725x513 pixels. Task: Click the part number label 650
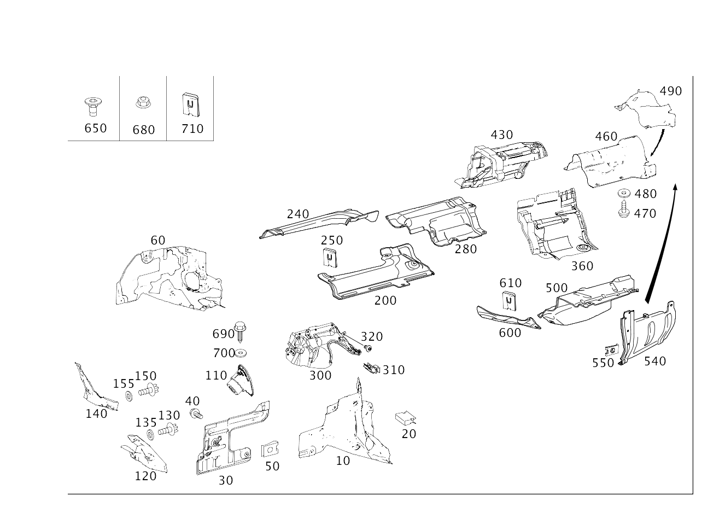pos(95,129)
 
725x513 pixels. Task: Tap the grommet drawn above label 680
pos(143,102)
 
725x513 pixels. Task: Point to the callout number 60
pos(157,241)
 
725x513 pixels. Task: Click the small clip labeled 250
pos(330,257)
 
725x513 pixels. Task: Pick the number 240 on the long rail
pos(297,214)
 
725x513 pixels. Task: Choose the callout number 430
pos(501,135)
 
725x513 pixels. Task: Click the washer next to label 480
pos(623,194)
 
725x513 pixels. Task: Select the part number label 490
pos(670,91)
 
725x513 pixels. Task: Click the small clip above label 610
pos(509,301)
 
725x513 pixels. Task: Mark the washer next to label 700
pos(241,353)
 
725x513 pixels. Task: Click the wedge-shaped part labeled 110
pos(239,381)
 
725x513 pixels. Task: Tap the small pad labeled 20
pos(406,418)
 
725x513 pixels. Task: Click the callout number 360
pos(582,266)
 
